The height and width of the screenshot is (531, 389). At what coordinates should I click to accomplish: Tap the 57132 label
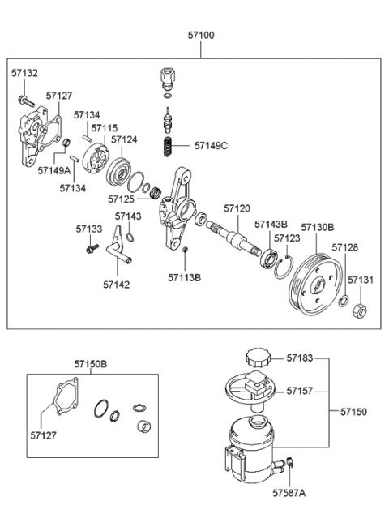tap(24, 73)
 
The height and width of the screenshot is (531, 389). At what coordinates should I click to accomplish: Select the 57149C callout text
tap(211, 146)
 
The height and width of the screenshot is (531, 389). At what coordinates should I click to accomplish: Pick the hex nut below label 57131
tap(362, 309)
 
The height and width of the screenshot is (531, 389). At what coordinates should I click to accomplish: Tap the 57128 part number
tap(344, 247)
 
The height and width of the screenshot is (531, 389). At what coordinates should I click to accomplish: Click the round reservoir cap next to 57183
tap(255, 358)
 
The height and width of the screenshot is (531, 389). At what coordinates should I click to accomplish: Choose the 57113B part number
tap(185, 277)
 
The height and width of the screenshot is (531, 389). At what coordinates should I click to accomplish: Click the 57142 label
tap(117, 285)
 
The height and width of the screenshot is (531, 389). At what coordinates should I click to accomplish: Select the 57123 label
tap(287, 238)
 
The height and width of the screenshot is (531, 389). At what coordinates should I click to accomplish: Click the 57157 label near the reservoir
tap(300, 390)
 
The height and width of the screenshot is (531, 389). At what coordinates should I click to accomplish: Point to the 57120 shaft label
tap(237, 208)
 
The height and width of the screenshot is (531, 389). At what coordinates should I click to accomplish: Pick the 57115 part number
tap(105, 128)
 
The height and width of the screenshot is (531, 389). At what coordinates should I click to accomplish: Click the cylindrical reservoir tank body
tap(255, 446)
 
